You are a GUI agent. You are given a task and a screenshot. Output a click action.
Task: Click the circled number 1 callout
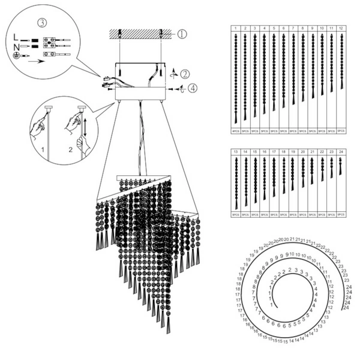pyautogui.click(x=182, y=34)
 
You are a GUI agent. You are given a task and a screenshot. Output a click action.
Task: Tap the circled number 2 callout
pyautogui.click(x=185, y=74)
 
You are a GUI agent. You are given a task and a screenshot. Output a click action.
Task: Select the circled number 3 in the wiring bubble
pyautogui.click(x=41, y=23)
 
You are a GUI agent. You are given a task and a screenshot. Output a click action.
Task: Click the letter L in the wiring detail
pyautogui.click(x=16, y=37)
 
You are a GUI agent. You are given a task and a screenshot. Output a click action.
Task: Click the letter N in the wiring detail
pyautogui.click(x=16, y=46)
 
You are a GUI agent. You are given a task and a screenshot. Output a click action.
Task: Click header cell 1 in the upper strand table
pyautogui.click(x=235, y=28)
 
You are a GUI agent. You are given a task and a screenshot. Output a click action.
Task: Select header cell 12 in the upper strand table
pyautogui.click(x=341, y=28)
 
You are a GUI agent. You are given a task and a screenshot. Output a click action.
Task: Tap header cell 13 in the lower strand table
pyautogui.click(x=236, y=152)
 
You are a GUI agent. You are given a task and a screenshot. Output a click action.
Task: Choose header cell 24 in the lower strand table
pyautogui.click(x=341, y=152)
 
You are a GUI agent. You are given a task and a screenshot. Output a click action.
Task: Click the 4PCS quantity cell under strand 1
pyautogui.click(x=236, y=130)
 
